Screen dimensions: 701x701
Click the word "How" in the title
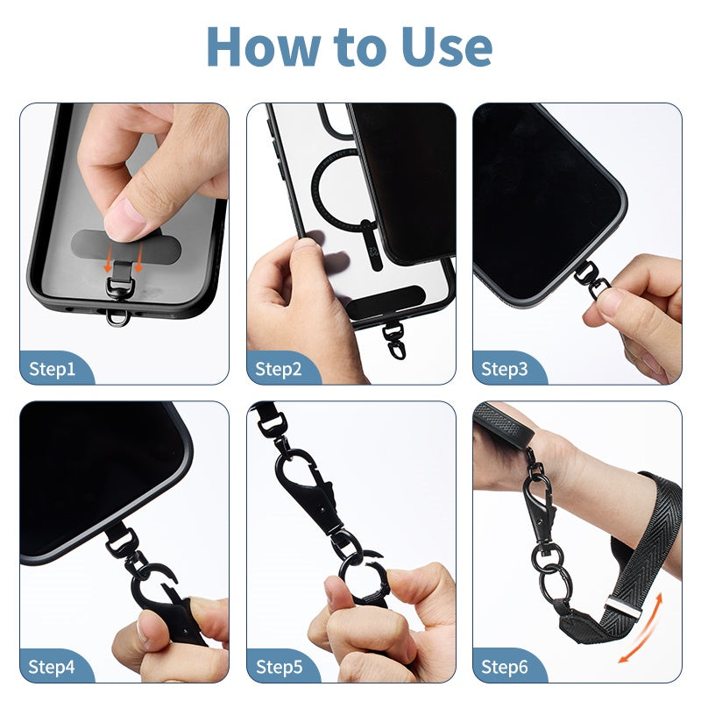[264, 47]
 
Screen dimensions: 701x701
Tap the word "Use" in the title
[447, 47]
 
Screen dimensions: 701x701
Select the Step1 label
[52, 369]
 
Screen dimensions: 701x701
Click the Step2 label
[278, 369]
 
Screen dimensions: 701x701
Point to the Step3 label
[505, 369]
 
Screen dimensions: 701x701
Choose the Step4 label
[52, 667]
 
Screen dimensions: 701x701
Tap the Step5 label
[279, 667]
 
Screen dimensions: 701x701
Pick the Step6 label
[505, 667]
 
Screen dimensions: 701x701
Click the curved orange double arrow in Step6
[644, 628]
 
